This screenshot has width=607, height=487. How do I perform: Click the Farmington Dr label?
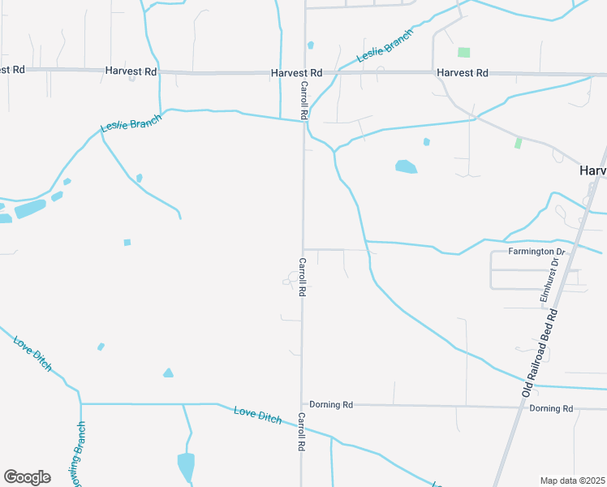tap(536, 251)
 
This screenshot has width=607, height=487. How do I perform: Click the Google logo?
tap(27, 477)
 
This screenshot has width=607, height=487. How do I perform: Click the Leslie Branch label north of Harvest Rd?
tap(385, 46)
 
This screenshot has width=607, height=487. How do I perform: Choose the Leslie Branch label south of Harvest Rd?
tap(131, 123)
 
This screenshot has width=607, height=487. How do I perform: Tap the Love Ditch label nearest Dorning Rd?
tap(258, 415)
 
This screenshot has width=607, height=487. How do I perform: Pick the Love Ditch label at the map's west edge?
tap(32, 354)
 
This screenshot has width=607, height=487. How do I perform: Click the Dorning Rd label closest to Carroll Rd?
tap(331, 404)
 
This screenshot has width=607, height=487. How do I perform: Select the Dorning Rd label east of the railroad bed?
tap(551, 408)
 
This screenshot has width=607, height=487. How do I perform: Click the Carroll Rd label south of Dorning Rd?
tap(301, 432)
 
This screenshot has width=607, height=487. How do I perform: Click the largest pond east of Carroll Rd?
tap(406, 167)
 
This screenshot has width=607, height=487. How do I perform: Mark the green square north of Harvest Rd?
tap(463, 53)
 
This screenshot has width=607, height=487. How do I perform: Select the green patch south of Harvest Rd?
tap(518, 143)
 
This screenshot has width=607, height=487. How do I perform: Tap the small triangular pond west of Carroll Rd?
tap(168, 373)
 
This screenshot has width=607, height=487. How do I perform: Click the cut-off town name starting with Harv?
tap(592, 171)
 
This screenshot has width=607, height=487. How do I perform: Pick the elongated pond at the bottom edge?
tap(186, 467)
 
